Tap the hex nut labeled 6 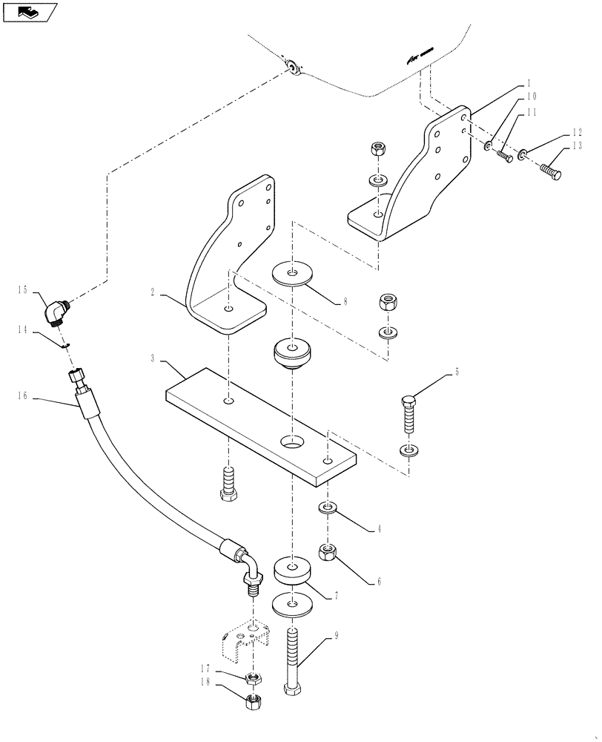coord(328,552)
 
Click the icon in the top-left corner coord(30,12)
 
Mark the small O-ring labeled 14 coord(65,344)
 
